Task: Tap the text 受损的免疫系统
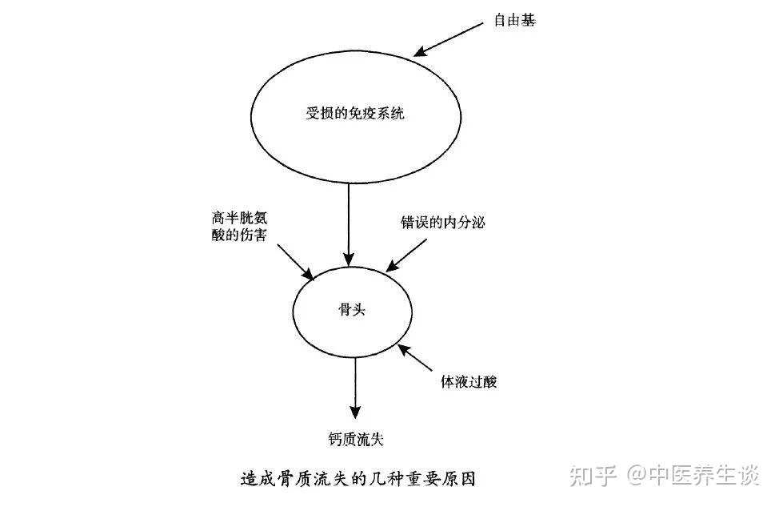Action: [x=356, y=113]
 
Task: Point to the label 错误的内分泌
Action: [x=442, y=222]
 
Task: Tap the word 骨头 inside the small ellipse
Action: [x=352, y=310]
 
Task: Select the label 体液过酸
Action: [x=469, y=381]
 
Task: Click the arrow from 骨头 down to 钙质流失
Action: [x=356, y=385]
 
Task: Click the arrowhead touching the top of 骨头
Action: [x=350, y=260]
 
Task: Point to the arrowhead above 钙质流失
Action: [x=356, y=408]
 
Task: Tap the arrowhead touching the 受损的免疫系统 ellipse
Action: [x=418, y=52]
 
